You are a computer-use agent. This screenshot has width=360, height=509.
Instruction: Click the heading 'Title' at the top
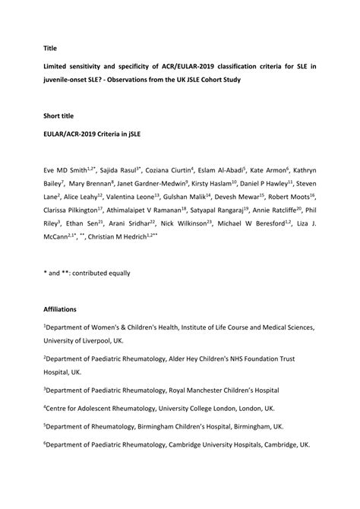tap(50, 47)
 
